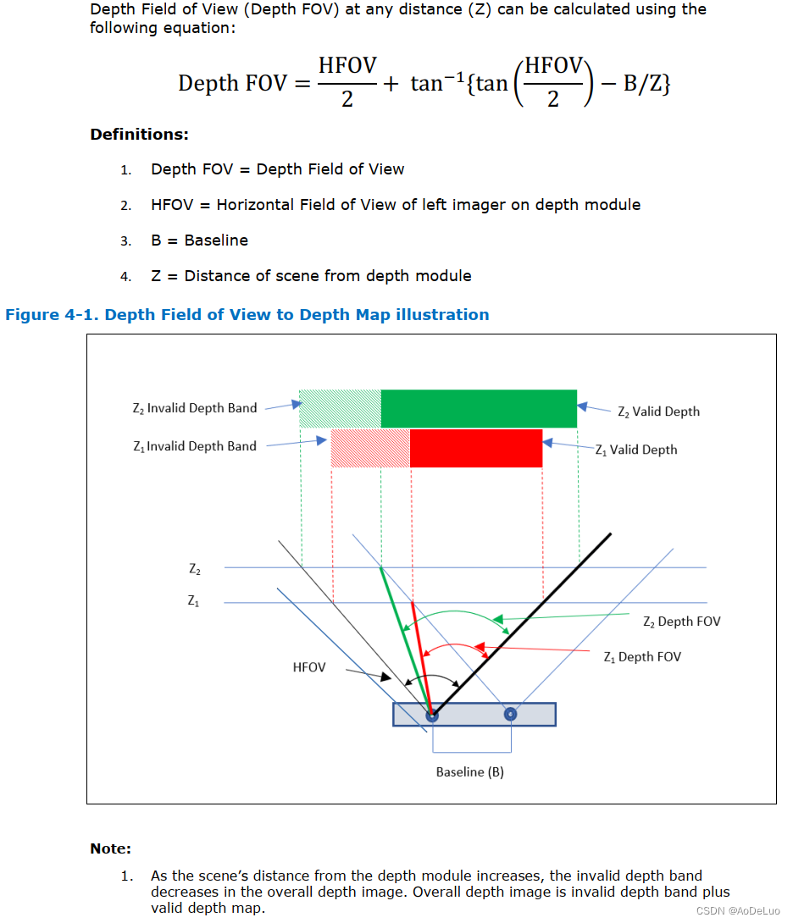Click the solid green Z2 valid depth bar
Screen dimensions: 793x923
[x=479, y=408]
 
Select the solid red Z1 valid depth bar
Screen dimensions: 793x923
[x=476, y=448]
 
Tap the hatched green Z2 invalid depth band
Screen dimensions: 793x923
[x=340, y=408]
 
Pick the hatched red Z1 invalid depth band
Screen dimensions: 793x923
[x=370, y=448]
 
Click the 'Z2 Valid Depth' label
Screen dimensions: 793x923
[x=658, y=412]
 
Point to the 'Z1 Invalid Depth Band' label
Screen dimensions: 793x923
[x=194, y=446]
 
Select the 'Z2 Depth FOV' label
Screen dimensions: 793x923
[x=681, y=622]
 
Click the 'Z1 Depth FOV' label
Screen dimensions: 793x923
[x=641, y=657]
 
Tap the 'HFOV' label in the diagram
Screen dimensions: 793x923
[x=309, y=667]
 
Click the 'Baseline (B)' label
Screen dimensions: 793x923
[x=469, y=772]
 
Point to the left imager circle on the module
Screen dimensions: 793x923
[x=432, y=715]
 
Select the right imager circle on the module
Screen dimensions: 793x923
[x=510, y=715]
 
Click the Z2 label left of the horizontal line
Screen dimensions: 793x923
[x=195, y=570]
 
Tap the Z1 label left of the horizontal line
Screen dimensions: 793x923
[x=194, y=601]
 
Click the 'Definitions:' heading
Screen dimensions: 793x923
[x=139, y=135]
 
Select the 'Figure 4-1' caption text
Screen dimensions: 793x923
[x=247, y=315]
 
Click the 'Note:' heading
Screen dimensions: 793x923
[x=111, y=848]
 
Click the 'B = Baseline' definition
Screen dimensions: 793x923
[x=199, y=240]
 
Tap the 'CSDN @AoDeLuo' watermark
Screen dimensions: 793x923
[x=738, y=910]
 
